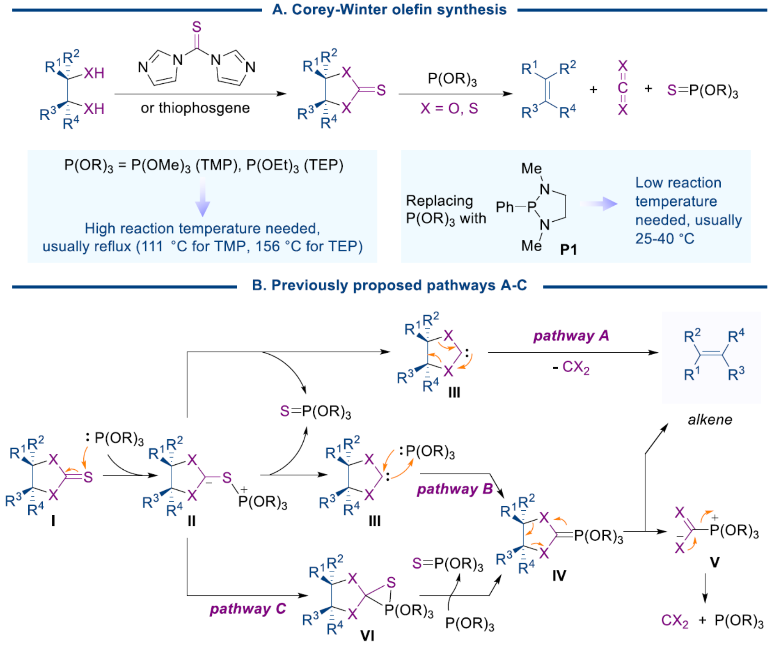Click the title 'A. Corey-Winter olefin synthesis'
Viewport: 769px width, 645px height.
click(389, 10)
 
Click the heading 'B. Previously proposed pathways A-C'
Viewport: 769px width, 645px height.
click(389, 285)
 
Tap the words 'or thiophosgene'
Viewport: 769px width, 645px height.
click(195, 108)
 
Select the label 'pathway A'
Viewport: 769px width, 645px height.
click(571, 336)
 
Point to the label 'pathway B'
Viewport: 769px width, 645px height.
click(455, 489)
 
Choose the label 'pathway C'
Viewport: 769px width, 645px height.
click(248, 609)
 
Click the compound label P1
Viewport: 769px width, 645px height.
click(568, 249)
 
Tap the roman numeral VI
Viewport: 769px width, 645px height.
click(367, 635)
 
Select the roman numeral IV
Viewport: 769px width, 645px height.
click(559, 576)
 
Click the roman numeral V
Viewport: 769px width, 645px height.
click(714, 563)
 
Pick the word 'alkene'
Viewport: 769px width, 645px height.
click(710, 420)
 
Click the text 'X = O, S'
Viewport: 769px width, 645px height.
click(449, 108)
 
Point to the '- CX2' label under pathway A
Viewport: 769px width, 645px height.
click(571, 367)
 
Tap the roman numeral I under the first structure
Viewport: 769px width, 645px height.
click(53, 520)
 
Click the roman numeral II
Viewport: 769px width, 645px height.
click(191, 521)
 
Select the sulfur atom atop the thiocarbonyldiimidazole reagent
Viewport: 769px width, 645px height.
click(197, 27)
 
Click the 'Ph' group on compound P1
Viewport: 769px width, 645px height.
click(504, 208)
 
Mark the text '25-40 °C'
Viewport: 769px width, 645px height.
click(665, 239)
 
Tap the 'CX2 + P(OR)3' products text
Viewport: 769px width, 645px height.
click(712, 620)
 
